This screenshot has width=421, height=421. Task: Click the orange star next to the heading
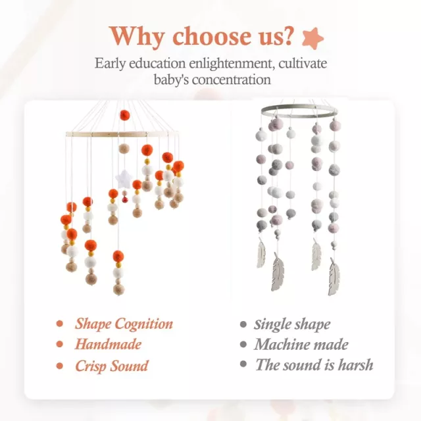coord(312,38)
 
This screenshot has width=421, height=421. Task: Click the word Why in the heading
coord(137,37)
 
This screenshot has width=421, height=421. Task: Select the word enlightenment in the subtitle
coord(232,64)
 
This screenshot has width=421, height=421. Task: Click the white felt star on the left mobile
coord(124,179)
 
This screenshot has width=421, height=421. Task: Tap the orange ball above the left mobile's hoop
coord(124,115)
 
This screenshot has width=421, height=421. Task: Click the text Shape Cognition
coord(124,324)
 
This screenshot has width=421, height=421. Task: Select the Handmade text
coord(108,344)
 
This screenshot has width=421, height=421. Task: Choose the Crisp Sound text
coord(111,366)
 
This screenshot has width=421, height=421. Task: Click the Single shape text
coord(292,324)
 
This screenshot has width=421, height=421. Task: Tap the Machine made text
coord(301,345)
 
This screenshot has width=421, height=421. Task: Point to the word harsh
coord(355,365)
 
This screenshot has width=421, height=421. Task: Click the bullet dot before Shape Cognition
coord(60,324)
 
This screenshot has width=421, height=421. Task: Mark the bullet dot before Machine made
coord(243,345)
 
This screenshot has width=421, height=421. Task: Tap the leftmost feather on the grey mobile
coord(261,253)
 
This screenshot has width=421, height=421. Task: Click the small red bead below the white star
coord(125,199)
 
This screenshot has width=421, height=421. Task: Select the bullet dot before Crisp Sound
coord(60,366)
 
